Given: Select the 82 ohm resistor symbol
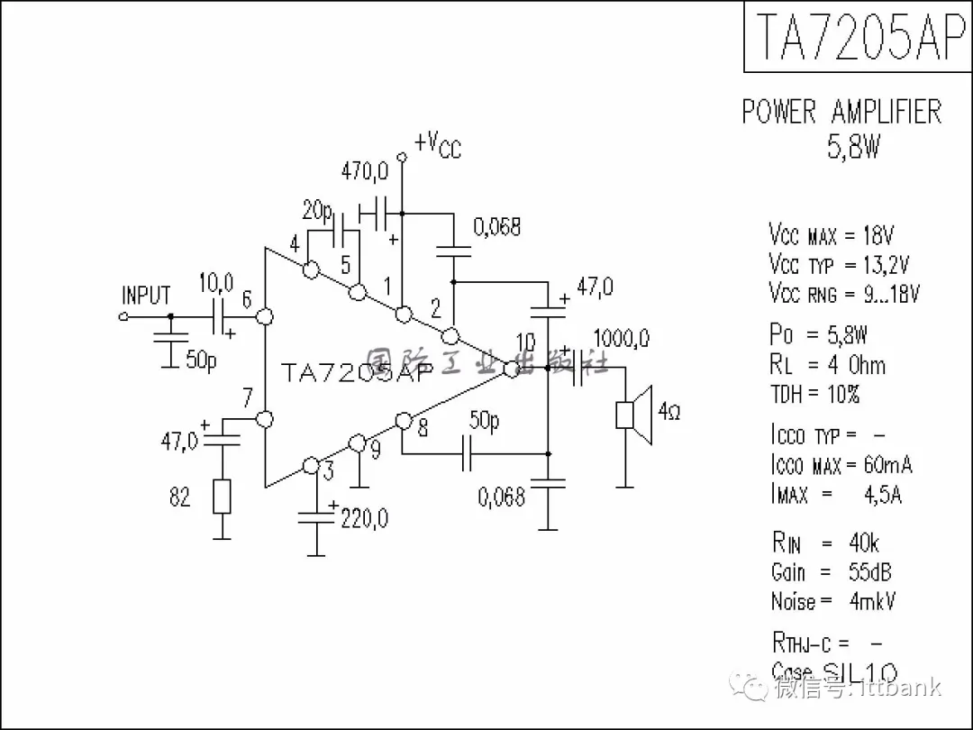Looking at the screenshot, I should tap(222, 497).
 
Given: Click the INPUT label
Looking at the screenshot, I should tap(146, 296).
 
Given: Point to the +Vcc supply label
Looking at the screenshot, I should tap(438, 144).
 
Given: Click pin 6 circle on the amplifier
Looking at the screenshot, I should tap(265, 317).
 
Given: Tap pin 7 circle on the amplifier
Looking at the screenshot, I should tap(265, 419).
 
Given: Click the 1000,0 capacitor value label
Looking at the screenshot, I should tap(622, 340).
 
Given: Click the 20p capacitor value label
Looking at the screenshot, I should tap(317, 212).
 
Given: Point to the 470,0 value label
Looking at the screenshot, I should tap(365, 170).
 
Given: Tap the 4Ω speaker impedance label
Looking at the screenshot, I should tap(669, 413).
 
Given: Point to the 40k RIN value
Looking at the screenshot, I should tap(864, 543).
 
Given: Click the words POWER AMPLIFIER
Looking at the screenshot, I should tap(841, 113).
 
